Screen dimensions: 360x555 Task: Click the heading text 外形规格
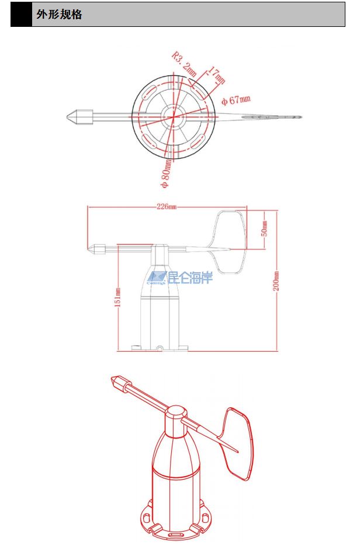59,15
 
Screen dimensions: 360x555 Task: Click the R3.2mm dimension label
184,64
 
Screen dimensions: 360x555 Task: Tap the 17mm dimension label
216,75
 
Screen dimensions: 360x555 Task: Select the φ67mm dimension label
236,100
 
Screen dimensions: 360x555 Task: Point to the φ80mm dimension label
166,174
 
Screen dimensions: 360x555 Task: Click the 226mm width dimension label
167,206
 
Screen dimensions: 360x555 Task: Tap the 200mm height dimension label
276,281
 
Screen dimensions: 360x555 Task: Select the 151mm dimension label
118,298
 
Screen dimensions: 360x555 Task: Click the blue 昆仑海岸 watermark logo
180,277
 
